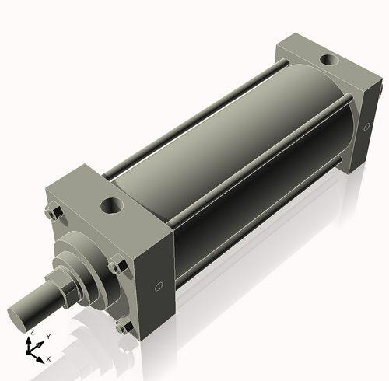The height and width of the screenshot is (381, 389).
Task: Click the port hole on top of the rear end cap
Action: pos(330,59)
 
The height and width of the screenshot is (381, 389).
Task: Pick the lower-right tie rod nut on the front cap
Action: pos(122,327)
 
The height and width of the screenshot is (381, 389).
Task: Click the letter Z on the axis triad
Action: pos(30,332)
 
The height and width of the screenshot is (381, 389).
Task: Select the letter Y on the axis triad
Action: pos(48,336)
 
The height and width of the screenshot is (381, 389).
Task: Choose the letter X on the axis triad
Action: pos(48,358)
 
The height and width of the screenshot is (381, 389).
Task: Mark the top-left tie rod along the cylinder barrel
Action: pos(187,120)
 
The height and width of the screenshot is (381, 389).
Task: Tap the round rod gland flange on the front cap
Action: pos(86,257)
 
